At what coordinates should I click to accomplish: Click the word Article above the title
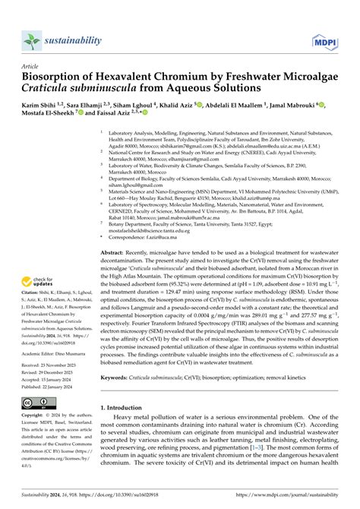coord(30,66)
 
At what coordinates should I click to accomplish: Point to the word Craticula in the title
coord(48,89)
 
